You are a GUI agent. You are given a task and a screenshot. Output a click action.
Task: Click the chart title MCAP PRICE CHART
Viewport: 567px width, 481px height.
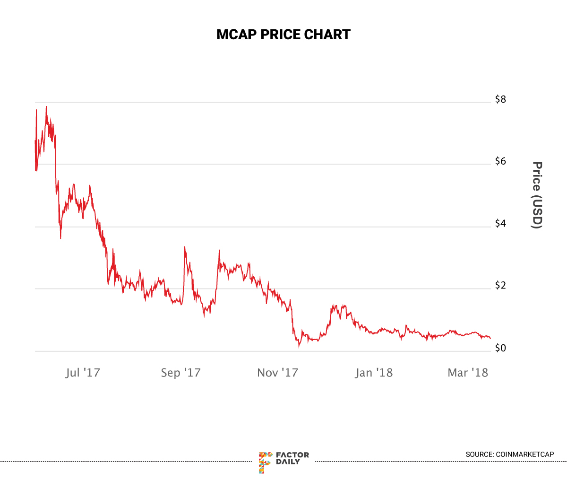click(283, 35)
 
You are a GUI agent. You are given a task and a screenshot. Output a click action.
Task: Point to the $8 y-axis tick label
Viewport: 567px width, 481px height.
click(500, 99)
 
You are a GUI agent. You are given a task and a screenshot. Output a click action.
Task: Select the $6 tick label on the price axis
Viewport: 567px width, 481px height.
click(500, 161)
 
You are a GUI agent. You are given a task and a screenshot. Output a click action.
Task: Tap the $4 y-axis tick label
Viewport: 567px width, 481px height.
click(500, 223)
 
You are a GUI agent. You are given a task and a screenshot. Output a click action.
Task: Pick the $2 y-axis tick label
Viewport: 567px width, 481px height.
click(500, 285)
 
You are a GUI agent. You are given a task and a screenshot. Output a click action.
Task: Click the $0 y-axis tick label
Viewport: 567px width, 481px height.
click(500, 348)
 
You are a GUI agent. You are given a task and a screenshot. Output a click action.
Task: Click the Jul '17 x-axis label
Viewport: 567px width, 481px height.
click(83, 373)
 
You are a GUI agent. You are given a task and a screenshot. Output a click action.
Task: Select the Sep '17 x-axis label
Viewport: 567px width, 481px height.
click(180, 373)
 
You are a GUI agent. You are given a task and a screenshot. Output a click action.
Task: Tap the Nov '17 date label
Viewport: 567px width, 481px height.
click(277, 373)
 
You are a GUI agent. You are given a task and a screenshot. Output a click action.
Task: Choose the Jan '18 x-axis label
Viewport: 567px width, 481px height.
click(374, 373)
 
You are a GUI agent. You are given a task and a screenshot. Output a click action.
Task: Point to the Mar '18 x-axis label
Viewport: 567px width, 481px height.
click(467, 373)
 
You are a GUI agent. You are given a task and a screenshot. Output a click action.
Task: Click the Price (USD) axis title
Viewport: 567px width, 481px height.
click(537, 195)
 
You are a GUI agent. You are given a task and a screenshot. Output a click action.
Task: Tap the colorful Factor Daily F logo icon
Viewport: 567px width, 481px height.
click(265, 462)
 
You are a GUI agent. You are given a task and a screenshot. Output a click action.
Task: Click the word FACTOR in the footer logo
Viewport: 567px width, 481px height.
click(292, 455)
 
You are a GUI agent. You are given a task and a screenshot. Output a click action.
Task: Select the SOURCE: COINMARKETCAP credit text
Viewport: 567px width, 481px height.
click(509, 455)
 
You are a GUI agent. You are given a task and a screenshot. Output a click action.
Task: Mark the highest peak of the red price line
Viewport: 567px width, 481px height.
click(46, 106)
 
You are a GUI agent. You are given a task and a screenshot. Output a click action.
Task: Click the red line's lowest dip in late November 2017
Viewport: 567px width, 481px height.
click(299, 348)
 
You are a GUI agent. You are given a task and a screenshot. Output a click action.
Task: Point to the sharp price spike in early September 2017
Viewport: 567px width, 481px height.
click(184, 247)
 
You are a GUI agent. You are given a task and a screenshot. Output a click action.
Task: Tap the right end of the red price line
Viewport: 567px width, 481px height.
click(490, 338)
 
